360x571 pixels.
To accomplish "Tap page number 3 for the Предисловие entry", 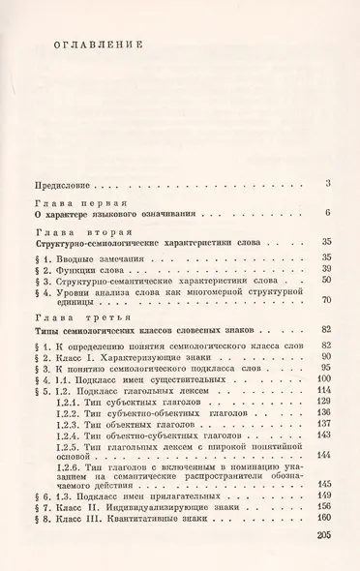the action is (x=329, y=183).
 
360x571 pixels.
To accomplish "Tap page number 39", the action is (x=326, y=268).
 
